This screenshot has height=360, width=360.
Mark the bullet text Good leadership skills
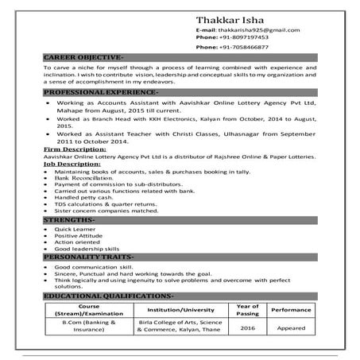87,250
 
